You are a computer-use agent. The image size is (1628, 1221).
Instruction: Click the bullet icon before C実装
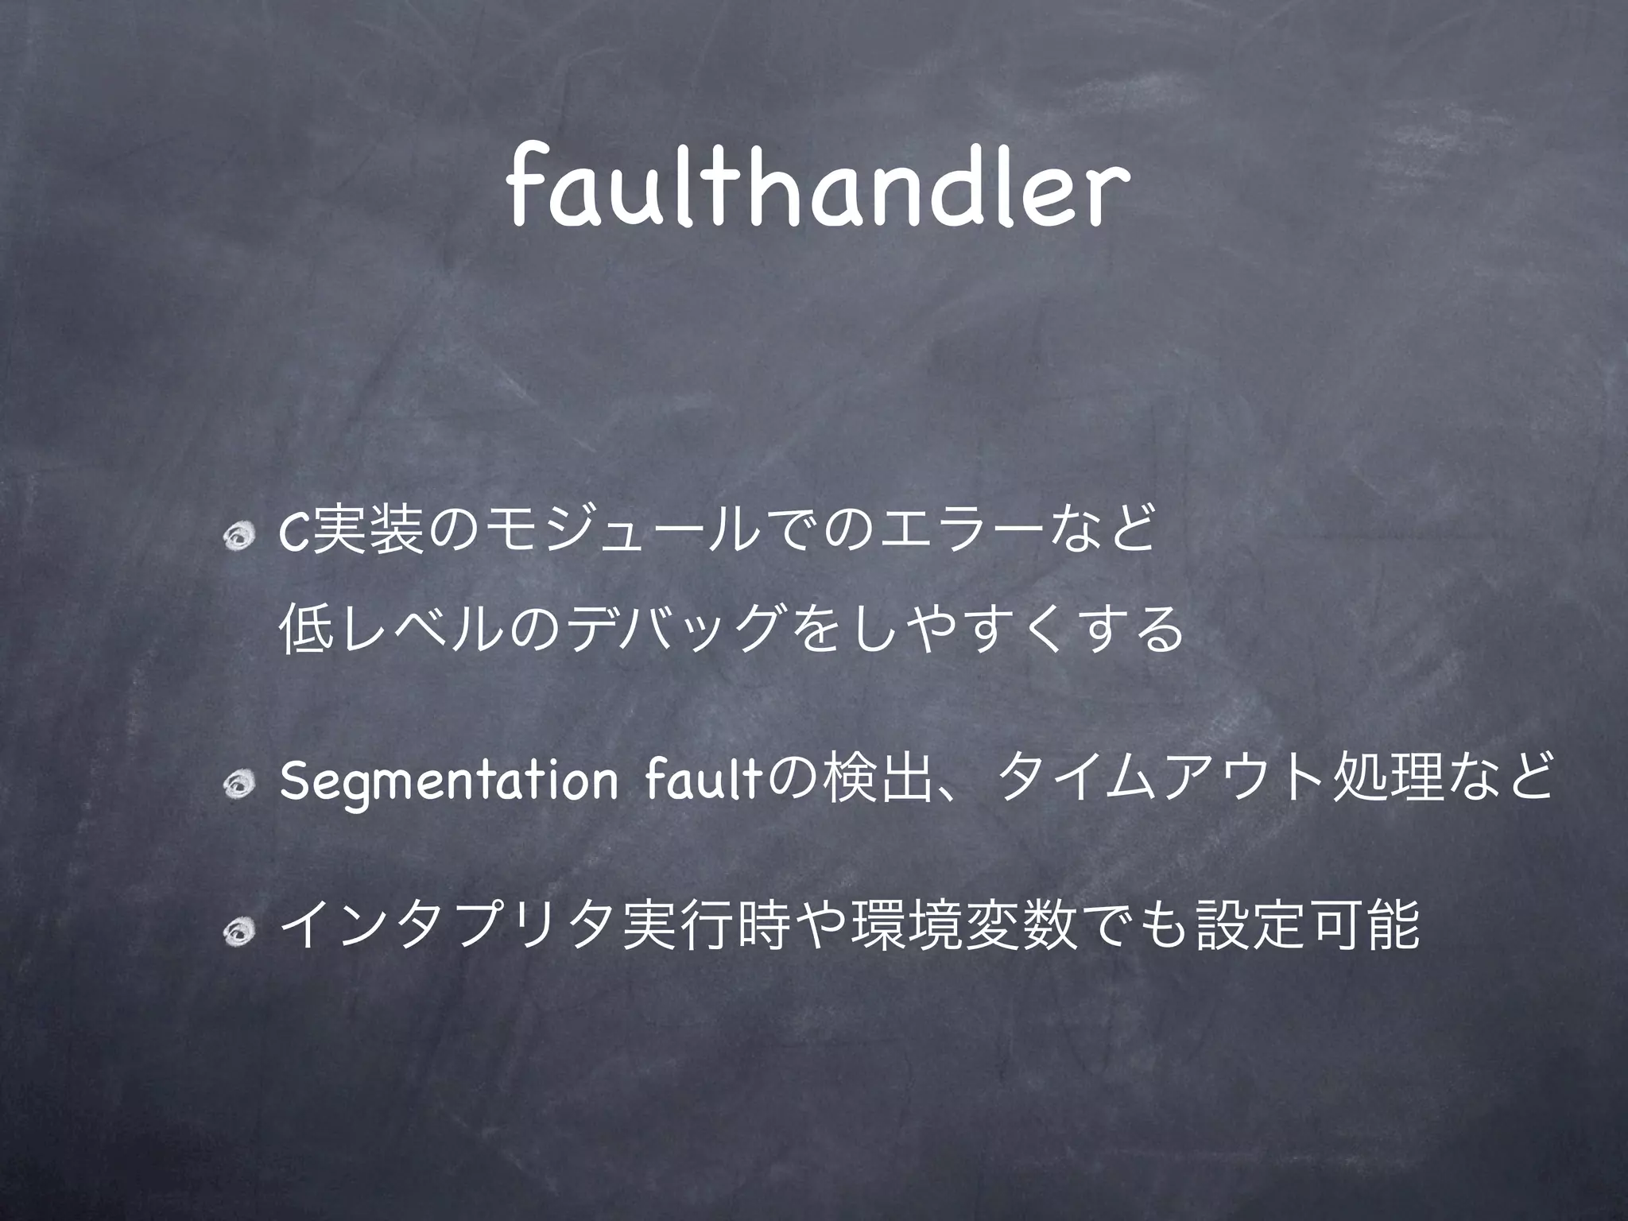point(237,541)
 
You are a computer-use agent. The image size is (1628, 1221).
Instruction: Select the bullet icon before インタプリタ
point(237,927)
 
